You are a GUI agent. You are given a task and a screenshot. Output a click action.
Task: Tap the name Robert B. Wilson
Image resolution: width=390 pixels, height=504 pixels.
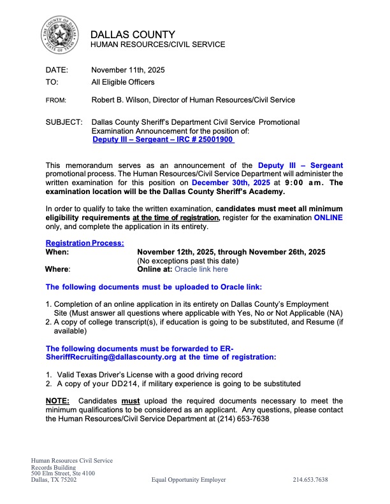(123, 100)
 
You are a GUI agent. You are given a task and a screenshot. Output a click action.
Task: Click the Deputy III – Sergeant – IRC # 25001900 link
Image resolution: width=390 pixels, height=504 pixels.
(163, 139)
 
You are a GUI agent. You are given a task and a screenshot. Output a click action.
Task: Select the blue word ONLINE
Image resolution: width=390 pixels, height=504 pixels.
(327, 218)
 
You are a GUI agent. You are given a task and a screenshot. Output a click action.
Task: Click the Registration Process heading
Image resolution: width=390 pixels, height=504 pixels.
(85, 242)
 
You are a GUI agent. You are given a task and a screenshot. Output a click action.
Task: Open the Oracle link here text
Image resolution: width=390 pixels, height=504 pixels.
(201, 269)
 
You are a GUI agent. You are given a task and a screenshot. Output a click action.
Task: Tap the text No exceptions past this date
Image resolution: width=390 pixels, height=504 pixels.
(188, 260)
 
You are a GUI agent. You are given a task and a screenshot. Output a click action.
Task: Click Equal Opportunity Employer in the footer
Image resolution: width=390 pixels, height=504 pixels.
(188, 480)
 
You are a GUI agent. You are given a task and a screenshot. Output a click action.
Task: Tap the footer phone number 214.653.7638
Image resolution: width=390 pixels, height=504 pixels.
(310, 480)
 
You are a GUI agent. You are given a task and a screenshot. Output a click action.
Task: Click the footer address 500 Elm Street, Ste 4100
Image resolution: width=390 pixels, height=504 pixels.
(63, 473)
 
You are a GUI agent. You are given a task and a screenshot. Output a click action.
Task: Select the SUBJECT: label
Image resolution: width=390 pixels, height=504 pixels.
(64, 122)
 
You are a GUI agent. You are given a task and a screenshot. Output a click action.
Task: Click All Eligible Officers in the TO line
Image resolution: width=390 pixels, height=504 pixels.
(123, 82)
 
